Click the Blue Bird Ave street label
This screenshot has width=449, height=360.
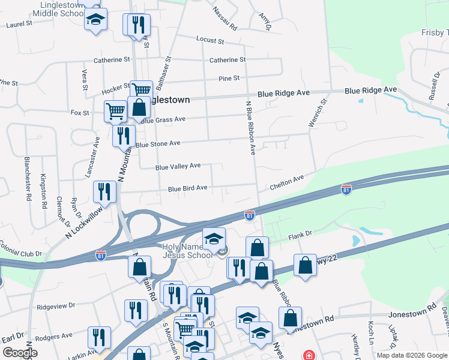click(187, 188)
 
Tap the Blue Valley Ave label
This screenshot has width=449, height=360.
click(178, 166)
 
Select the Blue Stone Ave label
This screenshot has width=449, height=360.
click(158, 144)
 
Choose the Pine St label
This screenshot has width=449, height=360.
click(229, 78)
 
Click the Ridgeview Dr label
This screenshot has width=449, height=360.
click(55, 305)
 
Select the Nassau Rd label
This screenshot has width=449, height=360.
click(225, 19)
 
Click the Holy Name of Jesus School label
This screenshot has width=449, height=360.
click(188, 251)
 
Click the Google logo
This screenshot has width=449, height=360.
click(20, 353)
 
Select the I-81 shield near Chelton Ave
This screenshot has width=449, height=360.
click(346, 190)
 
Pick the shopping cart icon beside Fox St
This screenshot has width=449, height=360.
click(115, 110)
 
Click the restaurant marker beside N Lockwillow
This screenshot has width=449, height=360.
click(104, 191)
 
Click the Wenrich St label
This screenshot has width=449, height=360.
click(316, 113)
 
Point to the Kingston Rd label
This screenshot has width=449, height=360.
click(44, 190)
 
